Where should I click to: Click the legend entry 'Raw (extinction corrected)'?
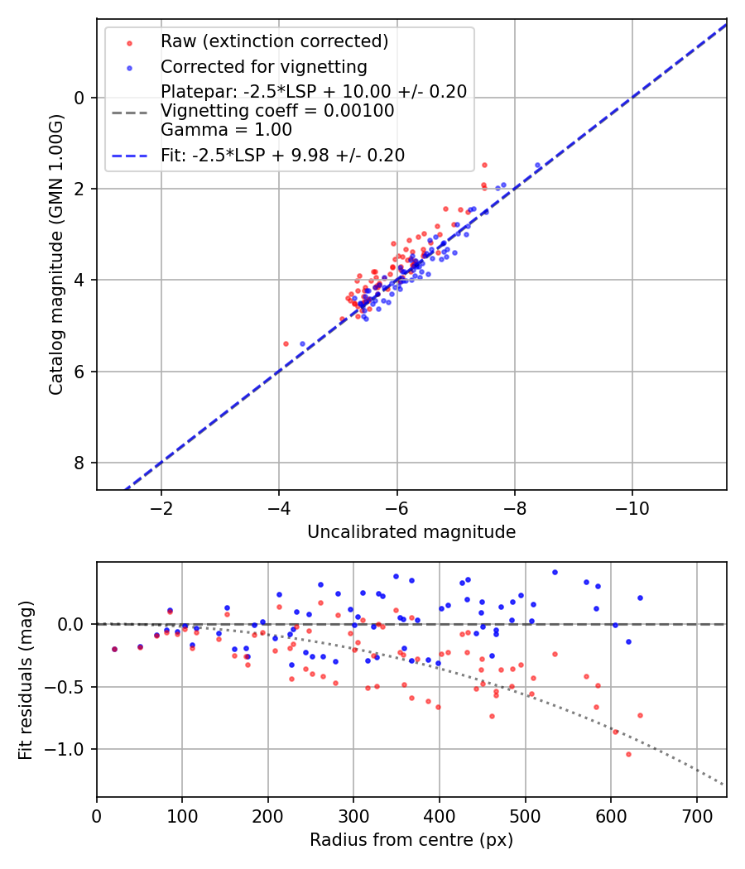coord(274,41)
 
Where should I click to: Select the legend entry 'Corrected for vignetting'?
coord(263,66)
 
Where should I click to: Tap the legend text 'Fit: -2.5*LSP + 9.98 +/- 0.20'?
coord(282,155)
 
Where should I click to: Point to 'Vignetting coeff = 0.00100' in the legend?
coord(277,111)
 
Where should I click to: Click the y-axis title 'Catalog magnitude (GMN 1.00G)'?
coord(55,253)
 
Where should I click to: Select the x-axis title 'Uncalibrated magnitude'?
coord(411,532)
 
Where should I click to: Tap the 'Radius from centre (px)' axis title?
coord(411,840)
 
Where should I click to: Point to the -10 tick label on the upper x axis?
coord(632,507)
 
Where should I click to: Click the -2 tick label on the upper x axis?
coord(161,507)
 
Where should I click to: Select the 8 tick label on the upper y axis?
coord(80,463)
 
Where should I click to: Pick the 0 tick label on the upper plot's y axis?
coord(80,98)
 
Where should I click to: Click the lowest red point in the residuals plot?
coord(628,754)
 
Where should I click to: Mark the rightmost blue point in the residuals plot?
coord(640,598)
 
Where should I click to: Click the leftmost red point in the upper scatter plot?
coord(286,343)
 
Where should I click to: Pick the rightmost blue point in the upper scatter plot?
coord(537,166)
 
